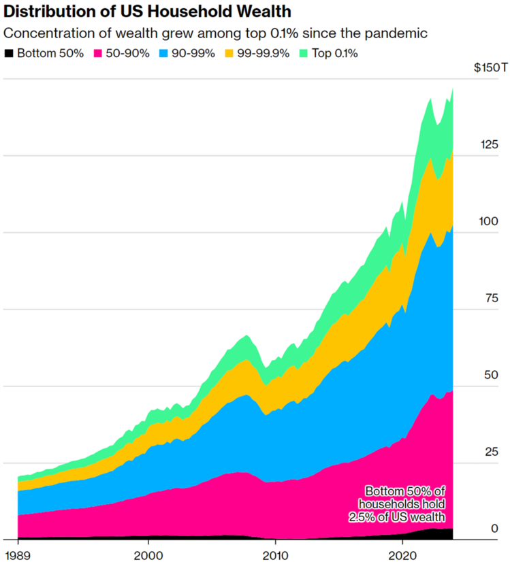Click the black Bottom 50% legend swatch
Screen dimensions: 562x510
pos(8,53)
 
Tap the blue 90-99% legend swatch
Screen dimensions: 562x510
pos(164,53)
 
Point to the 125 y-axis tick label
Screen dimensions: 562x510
pos(488,144)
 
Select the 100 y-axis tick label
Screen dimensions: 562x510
pos(488,221)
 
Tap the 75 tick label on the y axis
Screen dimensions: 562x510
pos(491,298)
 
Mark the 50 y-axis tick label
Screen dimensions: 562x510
pos(491,375)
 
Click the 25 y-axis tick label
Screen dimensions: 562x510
pos(491,452)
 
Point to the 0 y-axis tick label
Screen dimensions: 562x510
pos(495,528)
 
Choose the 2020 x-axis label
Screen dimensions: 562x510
pos(402,553)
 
